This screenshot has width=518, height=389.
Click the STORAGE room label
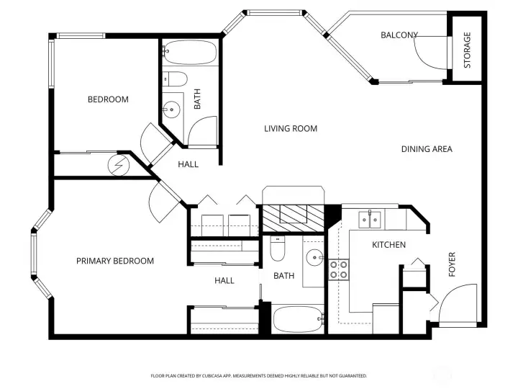click(467, 50)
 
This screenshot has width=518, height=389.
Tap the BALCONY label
click(399, 35)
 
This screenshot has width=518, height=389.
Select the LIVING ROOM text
click(291, 128)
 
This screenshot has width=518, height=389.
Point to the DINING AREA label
click(427, 149)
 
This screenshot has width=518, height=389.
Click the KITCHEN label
click(388, 245)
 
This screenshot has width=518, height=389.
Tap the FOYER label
click(452, 264)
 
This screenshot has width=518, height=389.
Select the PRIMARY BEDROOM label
click(115, 261)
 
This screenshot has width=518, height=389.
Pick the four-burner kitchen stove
click(339, 269)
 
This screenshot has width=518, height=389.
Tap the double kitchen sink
click(370, 220)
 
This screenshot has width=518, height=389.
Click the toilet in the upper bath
click(176, 79)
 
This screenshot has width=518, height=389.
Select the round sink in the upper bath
click(171, 109)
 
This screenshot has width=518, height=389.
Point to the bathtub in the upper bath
click(190, 53)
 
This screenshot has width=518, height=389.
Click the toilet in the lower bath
click(278, 249)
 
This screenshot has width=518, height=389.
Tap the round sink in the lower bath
click(315, 257)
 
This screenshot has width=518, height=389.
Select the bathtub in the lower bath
click(298, 319)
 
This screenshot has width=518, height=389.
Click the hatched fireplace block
click(293, 218)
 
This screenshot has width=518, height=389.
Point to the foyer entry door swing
click(458, 303)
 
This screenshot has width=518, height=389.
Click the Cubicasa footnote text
click(259, 376)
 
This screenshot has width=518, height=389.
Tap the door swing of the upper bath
click(202, 130)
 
